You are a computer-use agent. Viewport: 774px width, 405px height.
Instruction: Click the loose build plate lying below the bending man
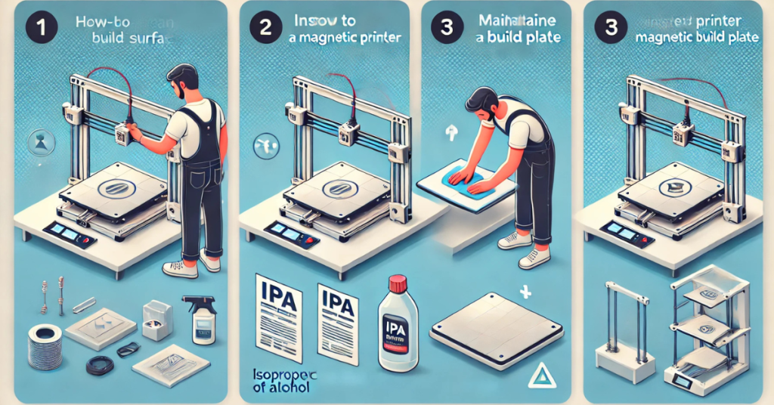496,329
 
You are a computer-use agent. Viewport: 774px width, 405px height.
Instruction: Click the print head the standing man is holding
123,134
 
